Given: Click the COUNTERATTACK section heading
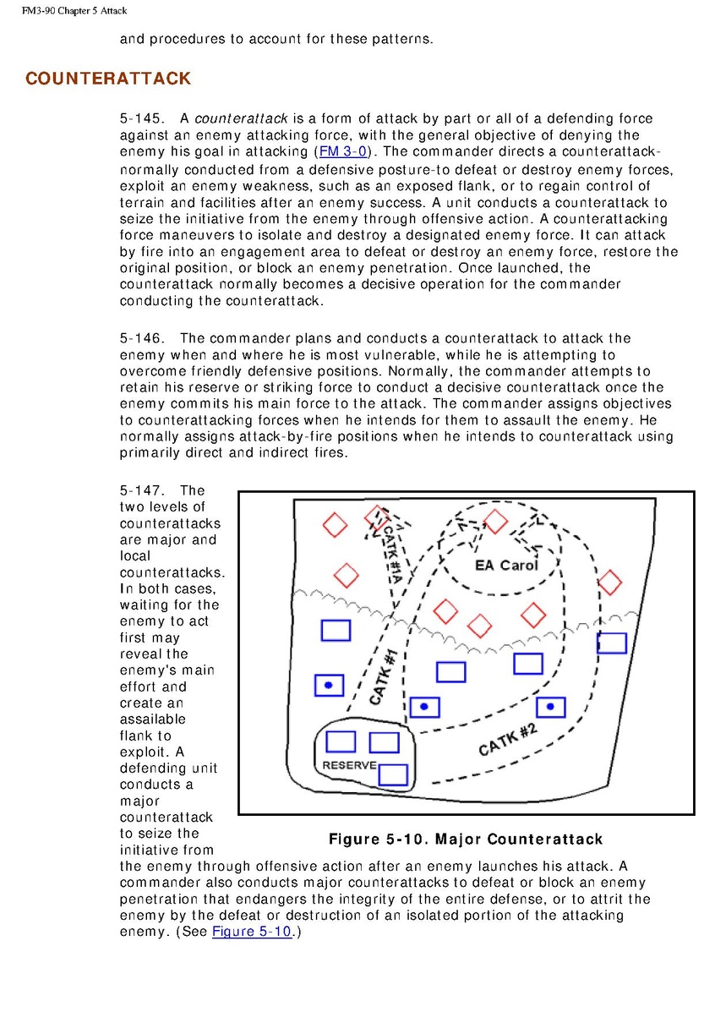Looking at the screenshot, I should [108, 79].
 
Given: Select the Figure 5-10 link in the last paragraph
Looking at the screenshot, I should [251, 932].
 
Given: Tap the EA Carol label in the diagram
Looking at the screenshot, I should [505, 565].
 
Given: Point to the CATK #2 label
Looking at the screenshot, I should [508, 740].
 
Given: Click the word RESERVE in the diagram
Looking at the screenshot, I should [349, 765].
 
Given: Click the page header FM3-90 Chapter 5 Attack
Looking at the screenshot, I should [68, 10].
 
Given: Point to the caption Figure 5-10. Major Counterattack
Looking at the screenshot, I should [466, 840].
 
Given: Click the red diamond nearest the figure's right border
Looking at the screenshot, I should [609, 582].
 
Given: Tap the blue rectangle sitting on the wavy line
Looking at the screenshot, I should [612, 643].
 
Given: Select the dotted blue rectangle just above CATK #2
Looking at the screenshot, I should [550, 707].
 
